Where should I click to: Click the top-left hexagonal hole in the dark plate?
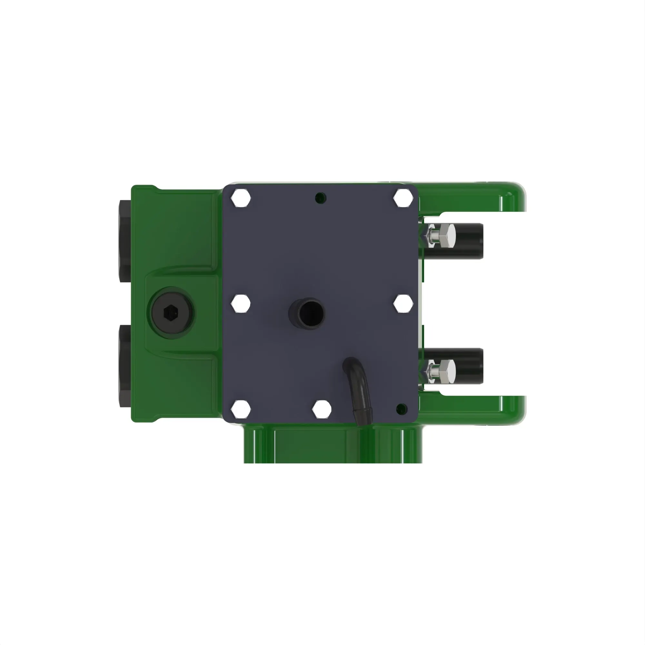click(x=240, y=198)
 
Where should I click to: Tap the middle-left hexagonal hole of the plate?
click(x=240, y=303)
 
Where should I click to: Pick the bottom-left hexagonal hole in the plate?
click(x=240, y=409)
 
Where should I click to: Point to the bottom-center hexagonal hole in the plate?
click(x=322, y=409)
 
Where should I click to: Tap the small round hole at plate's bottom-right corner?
click(x=401, y=408)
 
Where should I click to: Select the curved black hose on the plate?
click(x=358, y=391)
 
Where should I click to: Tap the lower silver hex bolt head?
click(x=447, y=372)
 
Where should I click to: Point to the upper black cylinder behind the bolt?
click(x=471, y=241)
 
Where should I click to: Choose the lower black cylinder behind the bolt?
click(x=471, y=366)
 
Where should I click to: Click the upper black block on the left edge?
click(x=125, y=240)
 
